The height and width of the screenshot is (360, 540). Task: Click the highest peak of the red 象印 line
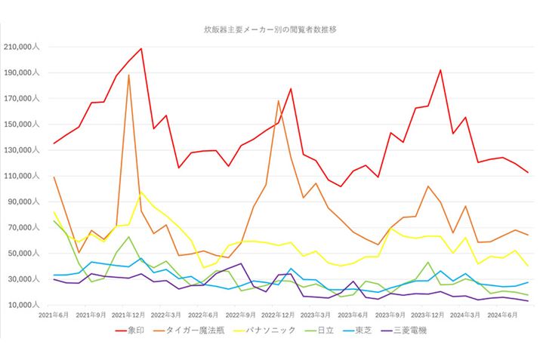pos(141,48)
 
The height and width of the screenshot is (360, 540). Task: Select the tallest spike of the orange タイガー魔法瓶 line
pos(129,75)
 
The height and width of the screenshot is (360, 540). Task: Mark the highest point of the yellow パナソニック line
pos(141,192)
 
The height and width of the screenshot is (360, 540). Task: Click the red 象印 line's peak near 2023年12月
pos(440,70)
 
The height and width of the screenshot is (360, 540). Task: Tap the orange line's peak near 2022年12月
pos(278,100)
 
